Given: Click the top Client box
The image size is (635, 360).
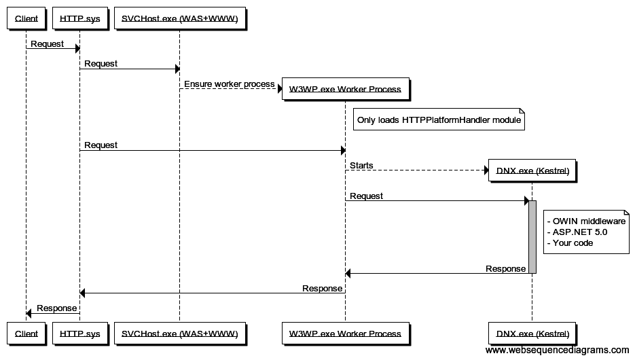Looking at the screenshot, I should (x=26, y=18).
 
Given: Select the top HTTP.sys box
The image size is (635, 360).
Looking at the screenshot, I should (x=79, y=18).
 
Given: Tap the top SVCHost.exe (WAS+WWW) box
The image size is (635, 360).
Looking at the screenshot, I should (x=179, y=18).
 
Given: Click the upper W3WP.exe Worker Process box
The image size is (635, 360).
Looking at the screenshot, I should (x=345, y=89).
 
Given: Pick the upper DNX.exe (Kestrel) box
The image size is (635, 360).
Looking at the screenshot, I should (x=532, y=171).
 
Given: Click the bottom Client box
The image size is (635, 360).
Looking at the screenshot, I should (x=26, y=334).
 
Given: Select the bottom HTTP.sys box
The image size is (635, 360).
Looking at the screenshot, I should (x=79, y=334).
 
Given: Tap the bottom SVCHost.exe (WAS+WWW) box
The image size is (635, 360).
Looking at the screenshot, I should (x=179, y=334).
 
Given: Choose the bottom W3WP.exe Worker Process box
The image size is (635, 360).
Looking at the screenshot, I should (x=345, y=334).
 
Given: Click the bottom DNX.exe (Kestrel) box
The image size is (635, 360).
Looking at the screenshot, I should (x=532, y=334).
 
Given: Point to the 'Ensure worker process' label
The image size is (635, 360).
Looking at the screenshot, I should (x=229, y=84).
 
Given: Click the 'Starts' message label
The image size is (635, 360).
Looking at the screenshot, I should (x=361, y=166).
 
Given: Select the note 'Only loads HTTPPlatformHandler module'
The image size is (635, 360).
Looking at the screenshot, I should (x=439, y=120).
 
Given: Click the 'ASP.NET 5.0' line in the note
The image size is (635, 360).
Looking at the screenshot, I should (x=577, y=232).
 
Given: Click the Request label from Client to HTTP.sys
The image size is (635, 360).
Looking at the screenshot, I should (x=47, y=44).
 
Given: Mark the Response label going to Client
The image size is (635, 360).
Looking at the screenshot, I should (x=56, y=308).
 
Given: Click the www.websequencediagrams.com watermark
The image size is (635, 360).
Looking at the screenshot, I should (x=557, y=350).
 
